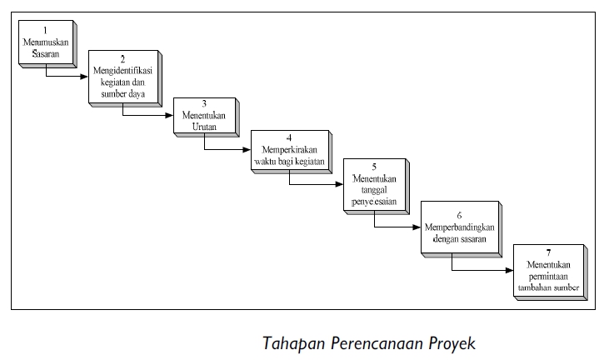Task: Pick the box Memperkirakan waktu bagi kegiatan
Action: [289, 150]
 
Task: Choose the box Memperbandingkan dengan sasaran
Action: [458, 226]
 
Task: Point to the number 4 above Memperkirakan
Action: [288, 137]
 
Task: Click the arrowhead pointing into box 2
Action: [84, 77]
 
